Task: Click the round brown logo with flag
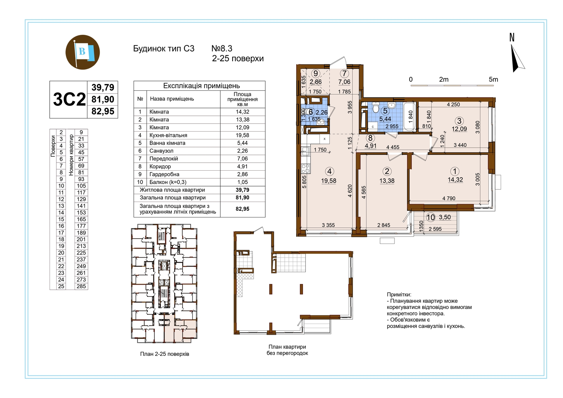[83, 52]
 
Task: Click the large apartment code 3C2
[69, 100]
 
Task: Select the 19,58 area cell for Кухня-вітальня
[242, 135]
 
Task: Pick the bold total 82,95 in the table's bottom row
[242, 209]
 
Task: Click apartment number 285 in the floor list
[81, 286]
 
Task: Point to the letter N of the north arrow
[512, 37]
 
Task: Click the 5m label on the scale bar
[493, 80]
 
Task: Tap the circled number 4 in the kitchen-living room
[329, 171]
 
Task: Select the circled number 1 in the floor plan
[454, 171]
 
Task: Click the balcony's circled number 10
[431, 217]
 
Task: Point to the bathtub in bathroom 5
[410, 116]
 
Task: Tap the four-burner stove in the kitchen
[306, 169]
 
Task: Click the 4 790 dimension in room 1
[449, 198]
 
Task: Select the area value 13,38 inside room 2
[387, 181]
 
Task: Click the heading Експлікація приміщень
[202, 86]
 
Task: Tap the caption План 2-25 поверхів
[165, 354]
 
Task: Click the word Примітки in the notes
[399, 295]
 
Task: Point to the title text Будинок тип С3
[164, 49]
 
